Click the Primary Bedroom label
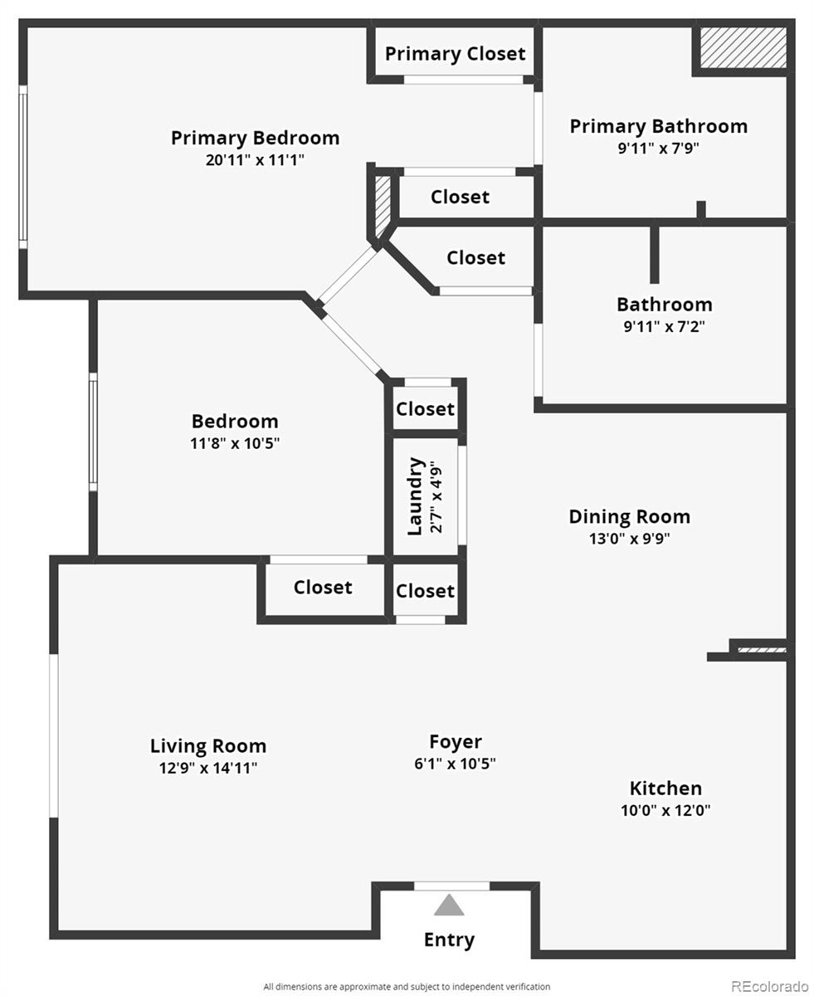[x=255, y=138]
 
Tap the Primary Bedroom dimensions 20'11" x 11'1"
[x=255, y=160]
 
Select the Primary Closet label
[x=455, y=54]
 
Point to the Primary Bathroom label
[x=658, y=126]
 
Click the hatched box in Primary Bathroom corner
[x=742, y=48]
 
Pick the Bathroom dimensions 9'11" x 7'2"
[x=664, y=326]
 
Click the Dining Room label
[x=629, y=516]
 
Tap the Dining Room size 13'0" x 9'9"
[x=629, y=538]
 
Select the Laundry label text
[x=416, y=496]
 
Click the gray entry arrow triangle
[x=449, y=905]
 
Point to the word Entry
[x=449, y=940]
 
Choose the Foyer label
[x=455, y=742]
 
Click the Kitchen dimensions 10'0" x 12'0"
[x=665, y=810]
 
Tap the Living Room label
[x=208, y=745]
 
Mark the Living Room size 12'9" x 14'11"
[x=208, y=768]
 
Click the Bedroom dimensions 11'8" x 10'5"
[x=235, y=443]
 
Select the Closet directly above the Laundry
[x=425, y=409]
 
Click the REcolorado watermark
[x=769, y=985]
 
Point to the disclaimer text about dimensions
[x=407, y=986]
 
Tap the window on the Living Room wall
[x=54, y=735]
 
